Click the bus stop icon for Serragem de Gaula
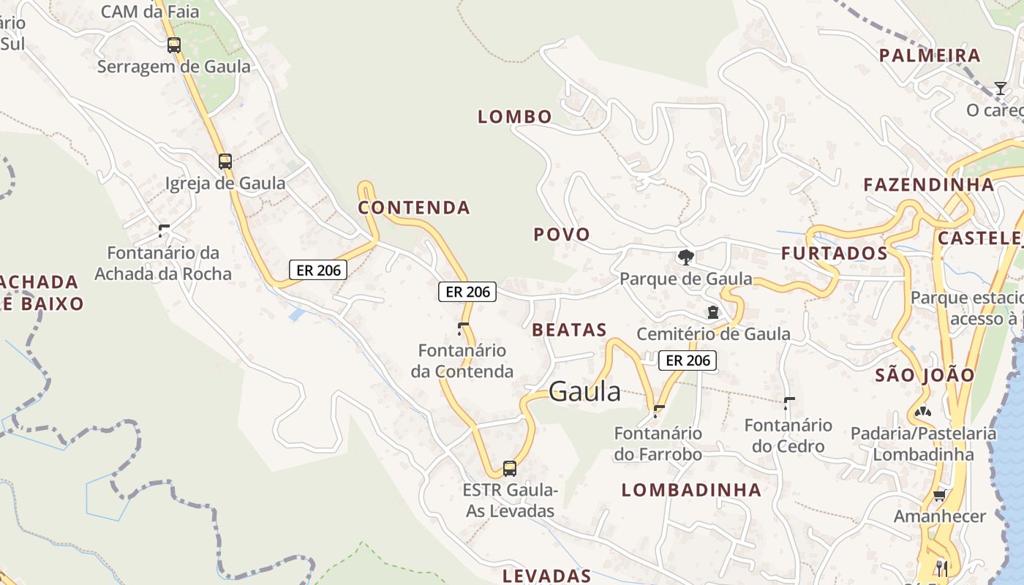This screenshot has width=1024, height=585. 173,45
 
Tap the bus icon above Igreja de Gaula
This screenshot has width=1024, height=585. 225,162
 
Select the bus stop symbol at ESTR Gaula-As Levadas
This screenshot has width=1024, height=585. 510,469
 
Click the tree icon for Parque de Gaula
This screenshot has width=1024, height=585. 685,257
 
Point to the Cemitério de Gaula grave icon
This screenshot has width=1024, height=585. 713,312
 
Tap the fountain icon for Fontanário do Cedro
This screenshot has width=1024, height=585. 789,403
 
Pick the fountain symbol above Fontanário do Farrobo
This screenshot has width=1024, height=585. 658,411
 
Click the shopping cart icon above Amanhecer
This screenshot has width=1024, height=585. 940,496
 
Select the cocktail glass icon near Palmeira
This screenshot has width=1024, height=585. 1000,88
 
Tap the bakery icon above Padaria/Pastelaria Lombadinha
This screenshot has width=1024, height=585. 923,412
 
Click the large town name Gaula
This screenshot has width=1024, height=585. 584,392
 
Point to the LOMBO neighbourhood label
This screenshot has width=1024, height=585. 515,116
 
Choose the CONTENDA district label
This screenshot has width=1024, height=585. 414,208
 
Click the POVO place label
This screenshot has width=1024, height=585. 562,235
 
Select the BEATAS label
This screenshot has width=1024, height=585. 570,330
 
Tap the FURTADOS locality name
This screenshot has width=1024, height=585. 835,254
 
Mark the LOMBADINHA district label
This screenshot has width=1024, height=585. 692,490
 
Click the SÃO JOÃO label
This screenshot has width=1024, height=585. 925,376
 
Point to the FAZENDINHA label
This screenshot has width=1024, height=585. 929,184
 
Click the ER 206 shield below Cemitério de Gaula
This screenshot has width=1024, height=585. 688,360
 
